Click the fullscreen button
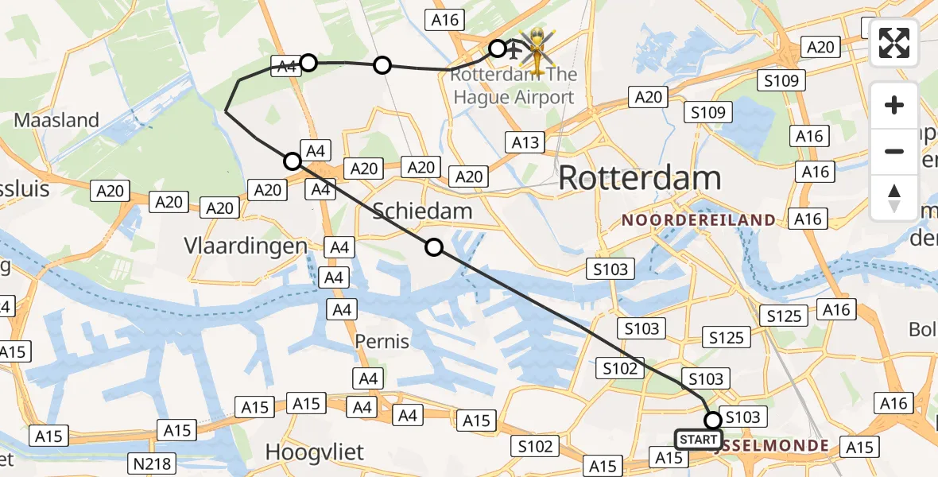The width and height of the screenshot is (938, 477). [894, 42]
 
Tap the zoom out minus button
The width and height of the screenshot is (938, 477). [894, 151]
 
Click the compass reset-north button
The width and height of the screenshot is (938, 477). [894, 198]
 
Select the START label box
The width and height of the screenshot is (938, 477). [699, 440]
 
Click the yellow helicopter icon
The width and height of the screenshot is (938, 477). [538, 50]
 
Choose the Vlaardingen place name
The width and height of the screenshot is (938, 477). [246, 246]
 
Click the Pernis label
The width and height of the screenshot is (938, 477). [382, 342]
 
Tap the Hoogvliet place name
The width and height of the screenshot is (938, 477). [314, 452]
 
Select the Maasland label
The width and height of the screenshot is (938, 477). [56, 121]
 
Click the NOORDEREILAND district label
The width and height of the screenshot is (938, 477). [699, 219]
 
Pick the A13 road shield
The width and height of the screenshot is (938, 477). [525, 143]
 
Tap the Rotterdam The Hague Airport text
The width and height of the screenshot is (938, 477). [512, 87]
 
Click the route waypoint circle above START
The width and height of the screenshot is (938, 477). [713, 420]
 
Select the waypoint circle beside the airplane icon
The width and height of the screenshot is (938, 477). [497, 48]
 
